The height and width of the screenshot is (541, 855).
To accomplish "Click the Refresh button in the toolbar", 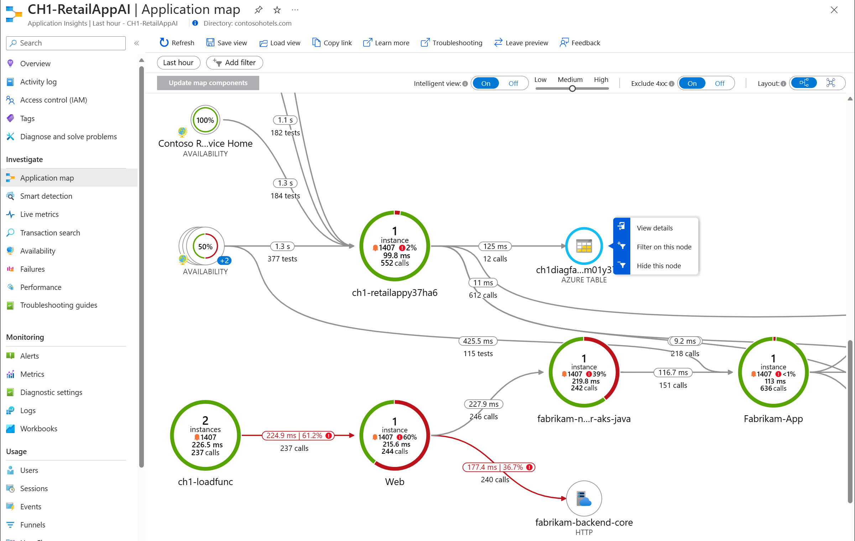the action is [x=177, y=43].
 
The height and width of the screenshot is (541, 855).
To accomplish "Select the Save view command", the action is [x=227, y=43].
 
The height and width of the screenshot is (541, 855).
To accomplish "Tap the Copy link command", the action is [x=332, y=43].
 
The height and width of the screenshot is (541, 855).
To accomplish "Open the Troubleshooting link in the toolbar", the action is [x=452, y=43].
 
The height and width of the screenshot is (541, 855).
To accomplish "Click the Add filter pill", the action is [x=235, y=63].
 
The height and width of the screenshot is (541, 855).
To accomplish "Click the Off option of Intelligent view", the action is [x=513, y=83].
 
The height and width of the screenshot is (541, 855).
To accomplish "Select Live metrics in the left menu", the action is [x=39, y=214].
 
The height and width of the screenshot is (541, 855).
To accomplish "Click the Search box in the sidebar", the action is [x=66, y=43].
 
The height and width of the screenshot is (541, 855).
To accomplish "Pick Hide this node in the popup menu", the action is [x=659, y=266].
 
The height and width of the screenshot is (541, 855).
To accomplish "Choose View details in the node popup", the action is [x=655, y=228].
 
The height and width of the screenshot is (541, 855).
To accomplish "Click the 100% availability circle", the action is [x=205, y=120].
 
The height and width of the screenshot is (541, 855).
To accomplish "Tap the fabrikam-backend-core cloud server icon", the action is [x=584, y=499].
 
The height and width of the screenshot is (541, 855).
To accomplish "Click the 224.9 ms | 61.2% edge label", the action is [x=298, y=436].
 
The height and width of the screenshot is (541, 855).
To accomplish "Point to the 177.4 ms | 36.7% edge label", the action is [x=499, y=467].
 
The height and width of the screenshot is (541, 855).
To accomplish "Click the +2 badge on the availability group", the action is [x=224, y=261].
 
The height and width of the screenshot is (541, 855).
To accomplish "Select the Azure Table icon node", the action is [x=584, y=246].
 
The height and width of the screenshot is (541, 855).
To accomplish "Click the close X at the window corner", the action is [x=834, y=10].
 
